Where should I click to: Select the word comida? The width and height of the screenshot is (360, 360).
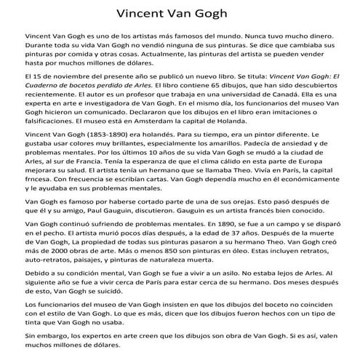pos(92,55)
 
